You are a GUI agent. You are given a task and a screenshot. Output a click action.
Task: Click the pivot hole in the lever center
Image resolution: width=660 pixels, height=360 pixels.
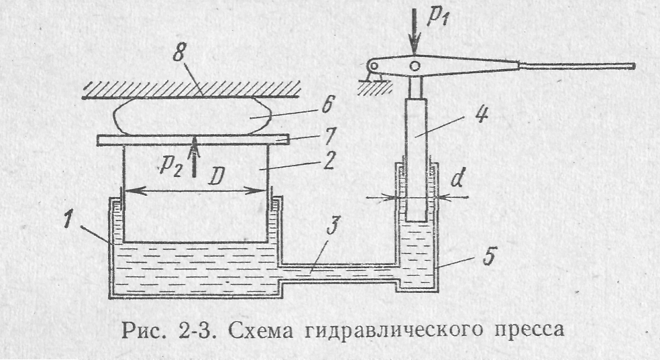(416, 66)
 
